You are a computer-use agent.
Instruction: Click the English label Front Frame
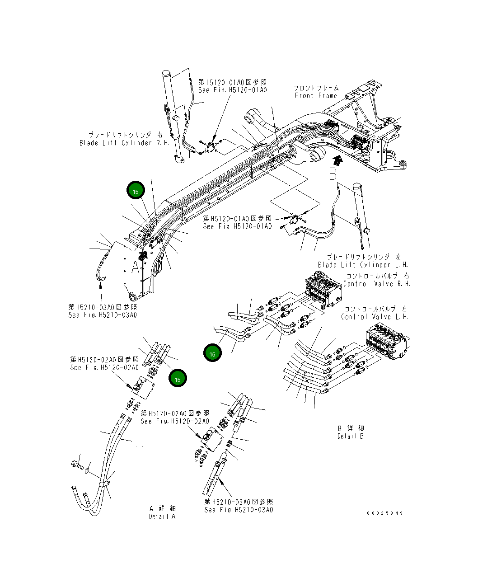tap(316, 96)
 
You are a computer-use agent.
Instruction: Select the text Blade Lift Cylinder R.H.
tap(124, 143)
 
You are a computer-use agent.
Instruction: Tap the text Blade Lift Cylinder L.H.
tap(363, 265)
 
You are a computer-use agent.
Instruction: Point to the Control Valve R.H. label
tap(376, 284)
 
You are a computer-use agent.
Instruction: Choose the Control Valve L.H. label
tap(375, 317)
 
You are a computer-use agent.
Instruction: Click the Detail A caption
tap(162, 517)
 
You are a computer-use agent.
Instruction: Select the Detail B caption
tap(351, 436)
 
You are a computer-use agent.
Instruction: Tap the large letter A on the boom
tap(136, 268)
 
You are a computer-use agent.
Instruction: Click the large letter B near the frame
tap(333, 173)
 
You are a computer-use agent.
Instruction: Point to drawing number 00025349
tap(385, 513)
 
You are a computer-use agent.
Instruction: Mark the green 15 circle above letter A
tap(136, 191)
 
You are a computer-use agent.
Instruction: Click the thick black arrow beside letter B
tap(337, 159)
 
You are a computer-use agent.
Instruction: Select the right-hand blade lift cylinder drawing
tap(173, 117)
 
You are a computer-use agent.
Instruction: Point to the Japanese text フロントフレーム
tap(316, 88)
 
